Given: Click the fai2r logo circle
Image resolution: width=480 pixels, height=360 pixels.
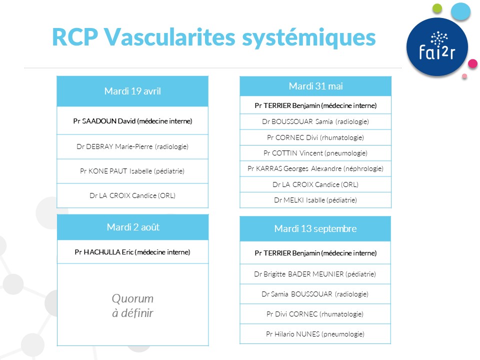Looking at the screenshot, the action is tap(437, 47).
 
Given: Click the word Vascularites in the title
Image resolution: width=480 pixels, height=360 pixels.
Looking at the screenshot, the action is tap(169, 37).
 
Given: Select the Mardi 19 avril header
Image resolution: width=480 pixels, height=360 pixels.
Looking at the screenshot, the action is tap(132, 91).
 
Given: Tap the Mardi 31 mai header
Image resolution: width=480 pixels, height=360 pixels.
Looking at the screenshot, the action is tap(315, 86).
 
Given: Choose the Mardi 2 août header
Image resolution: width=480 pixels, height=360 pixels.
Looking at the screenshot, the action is tap(133, 227).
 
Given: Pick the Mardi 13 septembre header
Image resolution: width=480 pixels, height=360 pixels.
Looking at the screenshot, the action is tap(315, 228).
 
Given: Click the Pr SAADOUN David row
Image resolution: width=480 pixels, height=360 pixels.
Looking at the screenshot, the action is tap(132, 121).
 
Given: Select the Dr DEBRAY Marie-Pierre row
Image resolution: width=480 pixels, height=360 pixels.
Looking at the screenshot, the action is tap(132, 146).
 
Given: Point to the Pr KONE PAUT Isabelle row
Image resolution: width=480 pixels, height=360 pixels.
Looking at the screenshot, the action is tap(132, 171).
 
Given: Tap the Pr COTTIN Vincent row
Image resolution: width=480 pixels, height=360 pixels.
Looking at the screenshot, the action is tap(315, 153).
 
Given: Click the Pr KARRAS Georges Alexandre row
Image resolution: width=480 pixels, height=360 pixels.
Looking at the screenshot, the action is tap(315, 168).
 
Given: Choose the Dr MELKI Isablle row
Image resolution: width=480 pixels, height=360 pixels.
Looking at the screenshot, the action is tap(315, 200).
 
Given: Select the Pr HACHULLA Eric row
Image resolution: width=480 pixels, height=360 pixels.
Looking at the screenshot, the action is tap(132, 252).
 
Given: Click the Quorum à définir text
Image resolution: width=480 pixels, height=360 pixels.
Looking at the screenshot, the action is tap(132, 305).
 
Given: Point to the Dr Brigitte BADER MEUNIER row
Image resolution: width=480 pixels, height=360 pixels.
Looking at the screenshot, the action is tap(315, 274).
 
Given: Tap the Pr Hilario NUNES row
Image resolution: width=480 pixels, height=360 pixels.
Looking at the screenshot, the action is tap(315, 334).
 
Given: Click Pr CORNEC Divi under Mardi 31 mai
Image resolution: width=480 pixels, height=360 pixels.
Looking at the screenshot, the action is tap(315, 137).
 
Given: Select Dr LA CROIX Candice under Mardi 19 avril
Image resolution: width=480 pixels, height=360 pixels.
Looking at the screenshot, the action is tap(132, 195).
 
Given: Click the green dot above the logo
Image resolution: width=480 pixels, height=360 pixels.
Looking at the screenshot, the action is tap(437, 8).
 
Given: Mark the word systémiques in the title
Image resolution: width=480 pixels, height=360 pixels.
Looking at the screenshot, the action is tap(309, 38).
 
